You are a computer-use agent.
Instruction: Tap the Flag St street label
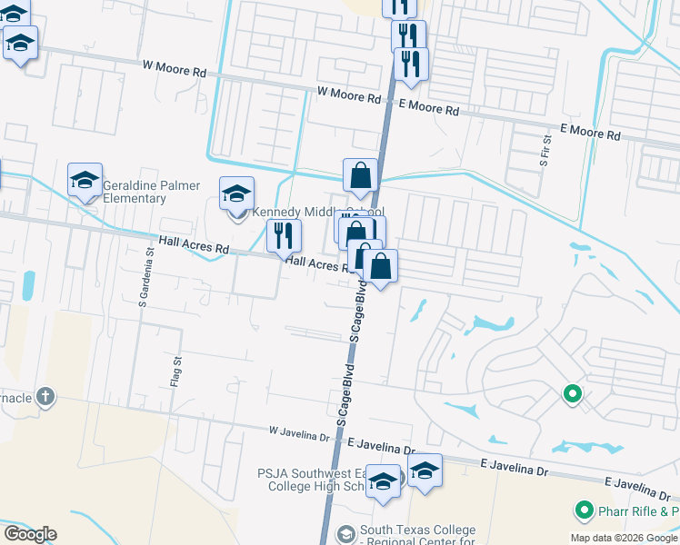click(x=175, y=372)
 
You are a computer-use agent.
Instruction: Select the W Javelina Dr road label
click(x=299, y=433)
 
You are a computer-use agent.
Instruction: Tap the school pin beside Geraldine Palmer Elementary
click(x=85, y=180)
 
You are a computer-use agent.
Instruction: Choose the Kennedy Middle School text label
click(x=312, y=213)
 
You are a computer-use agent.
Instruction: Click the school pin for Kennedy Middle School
click(x=236, y=193)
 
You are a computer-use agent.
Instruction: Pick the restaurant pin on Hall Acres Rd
click(x=284, y=236)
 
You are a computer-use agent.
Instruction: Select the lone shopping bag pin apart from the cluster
click(x=361, y=176)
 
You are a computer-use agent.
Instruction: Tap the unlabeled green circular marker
click(x=572, y=394)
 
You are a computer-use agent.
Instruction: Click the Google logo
click(x=30, y=534)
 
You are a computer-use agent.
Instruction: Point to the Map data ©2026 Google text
click(x=624, y=538)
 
